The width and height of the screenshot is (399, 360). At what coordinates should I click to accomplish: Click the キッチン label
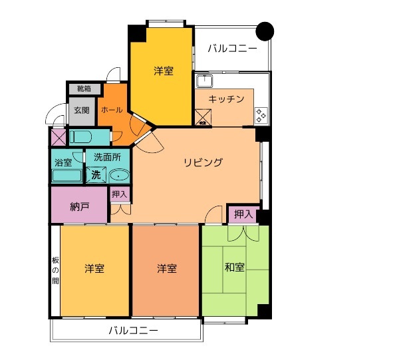click(226, 99)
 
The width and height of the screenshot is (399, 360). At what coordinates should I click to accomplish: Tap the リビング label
click(203, 162)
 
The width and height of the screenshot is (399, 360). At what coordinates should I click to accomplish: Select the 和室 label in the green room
click(234, 268)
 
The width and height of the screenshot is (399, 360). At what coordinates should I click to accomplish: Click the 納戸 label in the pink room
click(79, 206)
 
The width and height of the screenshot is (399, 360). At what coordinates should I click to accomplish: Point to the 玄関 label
click(81, 110)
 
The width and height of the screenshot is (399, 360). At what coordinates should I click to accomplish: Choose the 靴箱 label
click(84, 89)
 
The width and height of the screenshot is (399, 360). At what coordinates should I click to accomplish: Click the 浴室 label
click(64, 160)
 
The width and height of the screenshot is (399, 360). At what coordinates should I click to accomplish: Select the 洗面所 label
click(106, 158)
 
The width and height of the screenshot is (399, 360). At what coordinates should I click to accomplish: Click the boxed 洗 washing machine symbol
click(96, 176)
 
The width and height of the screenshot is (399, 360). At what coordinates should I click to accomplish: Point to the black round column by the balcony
click(265, 31)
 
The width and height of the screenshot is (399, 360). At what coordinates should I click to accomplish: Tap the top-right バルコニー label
click(232, 48)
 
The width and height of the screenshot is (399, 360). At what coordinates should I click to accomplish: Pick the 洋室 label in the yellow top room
click(164, 71)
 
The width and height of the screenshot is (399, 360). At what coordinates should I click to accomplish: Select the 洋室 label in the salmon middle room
click(166, 269)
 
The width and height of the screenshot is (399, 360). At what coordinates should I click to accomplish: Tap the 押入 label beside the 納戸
click(120, 194)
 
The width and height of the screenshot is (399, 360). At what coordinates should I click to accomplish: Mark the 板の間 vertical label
click(55, 271)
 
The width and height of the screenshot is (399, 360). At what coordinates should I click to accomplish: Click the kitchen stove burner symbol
click(261, 116)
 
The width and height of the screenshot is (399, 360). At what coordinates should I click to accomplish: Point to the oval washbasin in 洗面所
click(119, 176)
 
